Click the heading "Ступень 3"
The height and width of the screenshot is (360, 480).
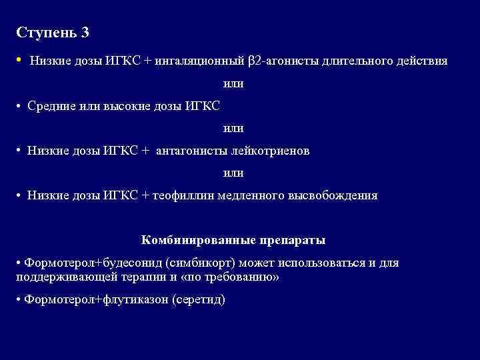point(52,32)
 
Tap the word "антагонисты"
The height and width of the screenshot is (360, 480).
point(193,151)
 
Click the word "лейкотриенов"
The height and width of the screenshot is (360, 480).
point(271,151)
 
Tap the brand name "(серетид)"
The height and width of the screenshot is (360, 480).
point(199,299)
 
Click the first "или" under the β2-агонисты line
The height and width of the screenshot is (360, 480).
point(233,84)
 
